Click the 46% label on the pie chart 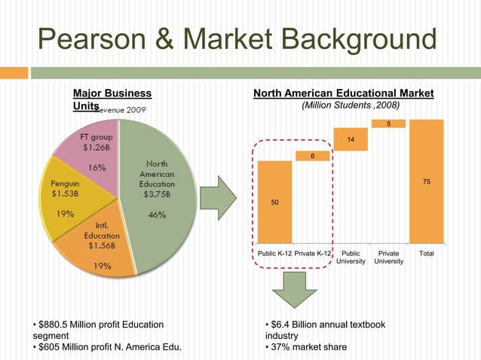158,214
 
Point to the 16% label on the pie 97,167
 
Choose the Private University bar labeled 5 388,124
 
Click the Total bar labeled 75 426,181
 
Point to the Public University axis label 351,258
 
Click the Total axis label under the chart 426,254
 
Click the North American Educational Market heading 343,93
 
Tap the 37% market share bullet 309,347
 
